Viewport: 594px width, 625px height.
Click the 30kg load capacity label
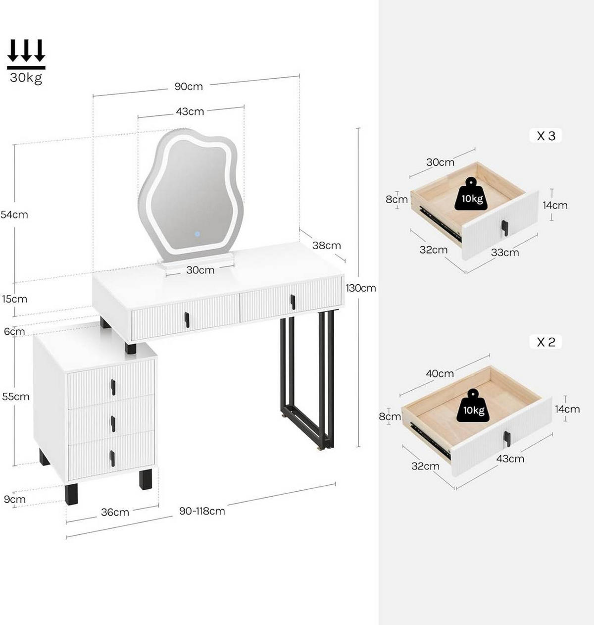tap(26, 78)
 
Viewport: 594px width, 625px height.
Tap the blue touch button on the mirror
tap(197, 234)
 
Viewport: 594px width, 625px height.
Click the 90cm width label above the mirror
tap(189, 87)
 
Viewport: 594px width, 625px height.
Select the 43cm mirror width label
tap(190, 112)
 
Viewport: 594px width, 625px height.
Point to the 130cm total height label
tap(361, 288)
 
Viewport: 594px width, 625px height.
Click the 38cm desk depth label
tap(326, 246)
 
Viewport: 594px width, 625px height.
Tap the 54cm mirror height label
tap(14, 215)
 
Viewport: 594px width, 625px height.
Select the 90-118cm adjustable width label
tap(202, 511)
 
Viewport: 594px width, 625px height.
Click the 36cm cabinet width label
tap(115, 513)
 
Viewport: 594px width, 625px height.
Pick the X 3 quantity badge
tap(546, 136)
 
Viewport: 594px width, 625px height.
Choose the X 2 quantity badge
tap(546, 342)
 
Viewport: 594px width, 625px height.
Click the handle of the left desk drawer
tap(187, 320)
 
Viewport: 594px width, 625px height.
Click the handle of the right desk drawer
tap(293, 302)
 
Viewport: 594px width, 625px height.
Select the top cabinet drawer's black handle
tap(113, 387)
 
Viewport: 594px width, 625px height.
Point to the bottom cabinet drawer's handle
tap(112, 459)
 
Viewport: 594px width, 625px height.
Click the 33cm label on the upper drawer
tap(505, 253)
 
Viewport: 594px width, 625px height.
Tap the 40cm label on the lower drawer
tap(440, 374)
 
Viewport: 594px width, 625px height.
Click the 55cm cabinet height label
tap(16, 397)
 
